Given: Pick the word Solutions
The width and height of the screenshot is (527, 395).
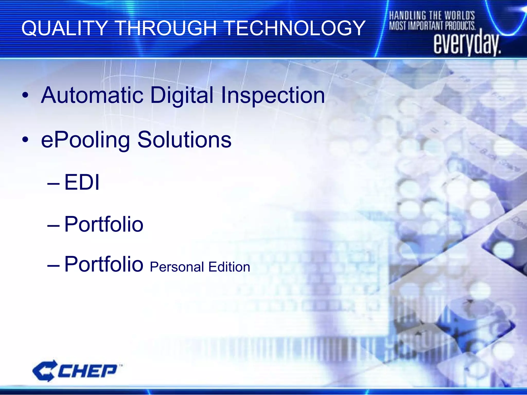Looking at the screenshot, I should [184, 140].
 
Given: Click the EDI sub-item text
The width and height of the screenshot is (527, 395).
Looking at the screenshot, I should [82, 182].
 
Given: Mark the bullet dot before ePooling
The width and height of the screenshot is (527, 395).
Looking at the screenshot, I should [25, 140].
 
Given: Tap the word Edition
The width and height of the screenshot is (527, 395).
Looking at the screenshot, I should [229, 267].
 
